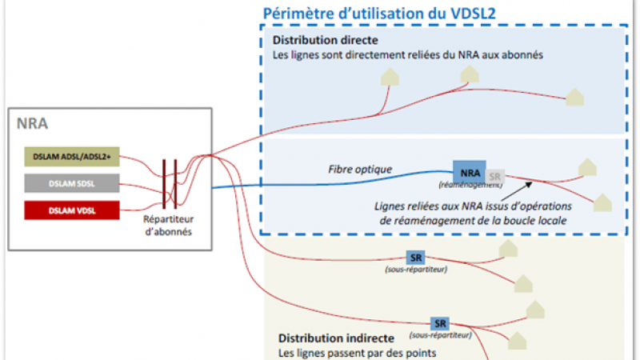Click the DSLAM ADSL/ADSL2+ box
click(72, 156)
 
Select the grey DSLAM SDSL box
click(72, 183)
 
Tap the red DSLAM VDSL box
click(72, 210)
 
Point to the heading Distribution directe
click(325, 40)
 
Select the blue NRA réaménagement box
click(470, 172)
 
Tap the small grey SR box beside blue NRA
click(495, 176)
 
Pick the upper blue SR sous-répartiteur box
click(416, 258)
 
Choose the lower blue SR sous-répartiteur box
click(439, 323)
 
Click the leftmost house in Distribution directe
click(390, 76)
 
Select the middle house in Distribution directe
click(469, 73)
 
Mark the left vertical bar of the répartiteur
click(165, 183)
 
